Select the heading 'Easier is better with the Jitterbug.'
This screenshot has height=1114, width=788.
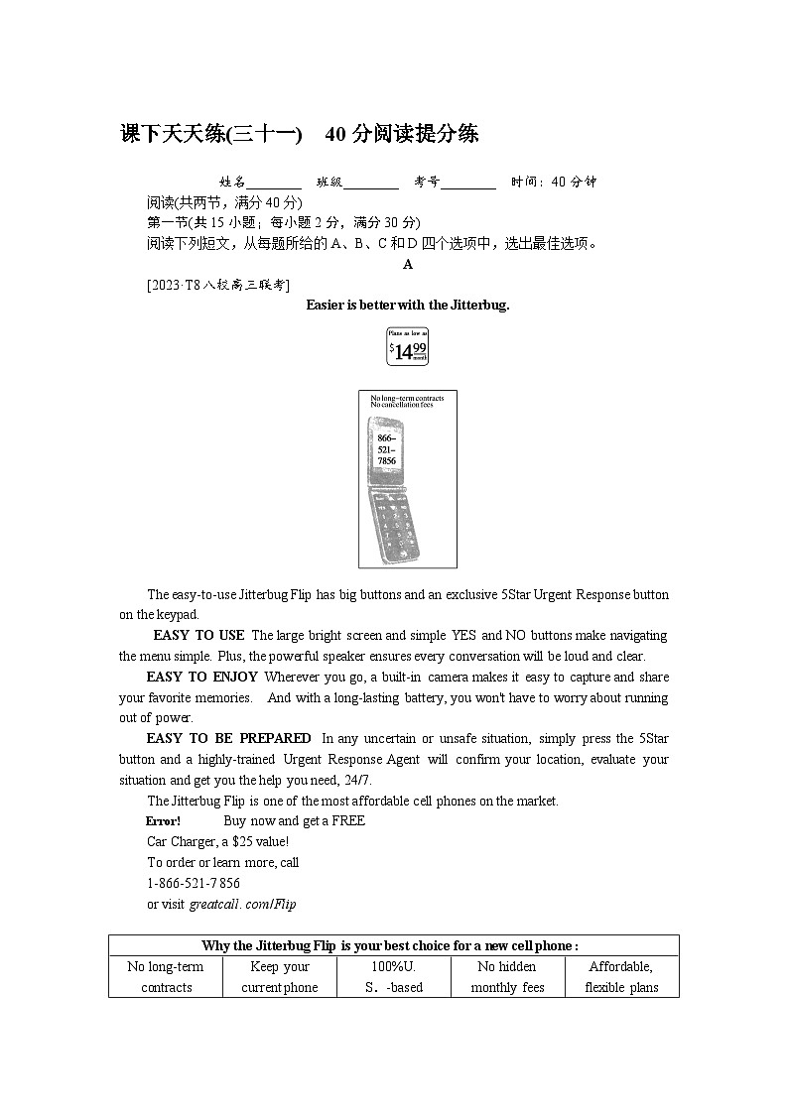[x=407, y=306]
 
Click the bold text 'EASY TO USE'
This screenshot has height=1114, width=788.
[x=198, y=636]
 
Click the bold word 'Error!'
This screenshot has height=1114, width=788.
[x=163, y=821]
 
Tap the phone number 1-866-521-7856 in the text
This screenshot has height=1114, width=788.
[x=194, y=883]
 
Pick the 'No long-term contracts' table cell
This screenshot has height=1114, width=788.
[x=166, y=977]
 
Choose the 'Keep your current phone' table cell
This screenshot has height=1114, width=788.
[x=280, y=977]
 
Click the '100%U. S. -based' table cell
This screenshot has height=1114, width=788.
[x=393, y=977]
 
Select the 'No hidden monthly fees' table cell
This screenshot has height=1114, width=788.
[x=507, y=977]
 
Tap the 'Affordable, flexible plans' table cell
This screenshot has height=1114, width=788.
[x=621, y=977]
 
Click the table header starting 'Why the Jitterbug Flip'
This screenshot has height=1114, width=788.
[x=393, y=945]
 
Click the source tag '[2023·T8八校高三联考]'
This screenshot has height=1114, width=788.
[x=217, y=286]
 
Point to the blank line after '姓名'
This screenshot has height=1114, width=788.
[x=274, y=183]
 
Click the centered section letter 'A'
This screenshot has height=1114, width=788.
[x=407, y=265]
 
